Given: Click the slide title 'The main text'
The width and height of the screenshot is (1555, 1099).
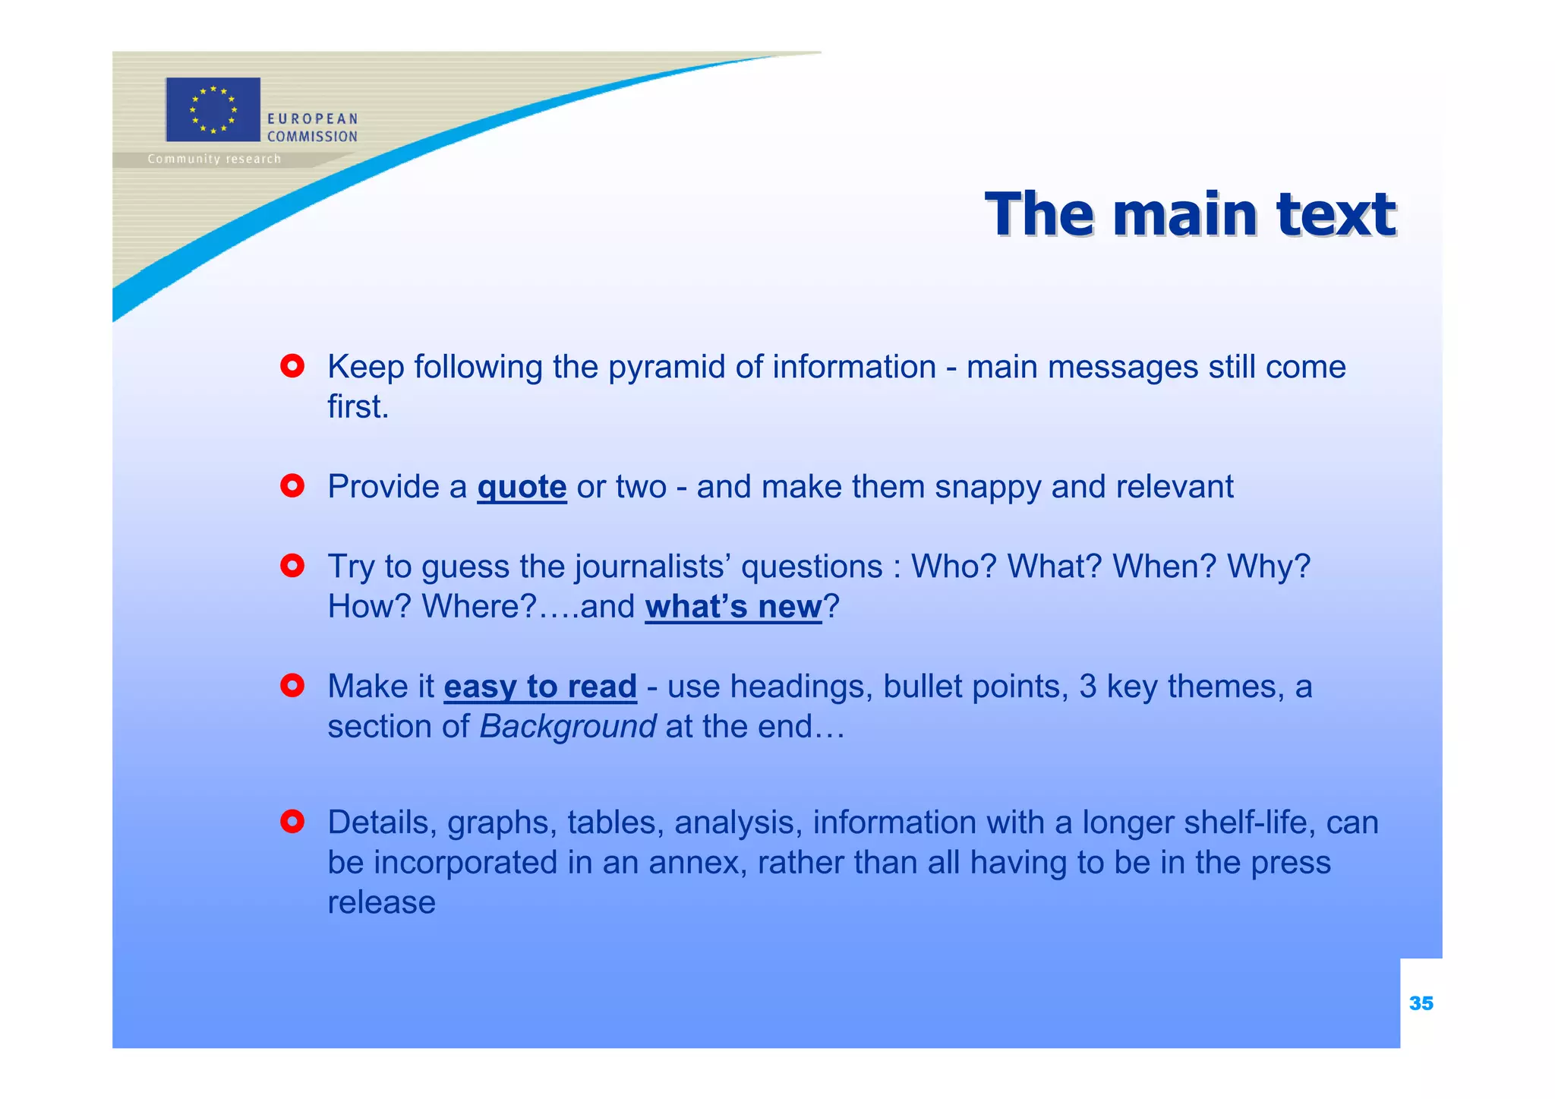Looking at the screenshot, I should (x=1189, y=215).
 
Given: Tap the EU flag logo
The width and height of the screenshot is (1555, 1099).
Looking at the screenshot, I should (x=213, y=109).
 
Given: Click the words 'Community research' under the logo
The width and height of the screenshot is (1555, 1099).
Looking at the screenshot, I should (x=214, y=159).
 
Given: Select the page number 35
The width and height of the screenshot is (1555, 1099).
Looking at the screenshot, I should (x=1421, y=1003).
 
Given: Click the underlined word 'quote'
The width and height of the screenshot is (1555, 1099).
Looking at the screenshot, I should (x=522, y=487).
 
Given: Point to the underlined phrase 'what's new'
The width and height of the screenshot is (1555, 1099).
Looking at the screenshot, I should (x=733, y=606).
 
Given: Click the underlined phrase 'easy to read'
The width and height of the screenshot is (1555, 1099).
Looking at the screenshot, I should (x=540, y=687).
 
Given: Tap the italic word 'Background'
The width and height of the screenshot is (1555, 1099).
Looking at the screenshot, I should (x=567, y=727).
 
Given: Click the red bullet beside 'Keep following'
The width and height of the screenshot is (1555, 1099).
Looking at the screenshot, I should (x=292, y=367).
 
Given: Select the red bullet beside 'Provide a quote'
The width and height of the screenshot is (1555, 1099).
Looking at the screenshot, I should (x=292, y=486).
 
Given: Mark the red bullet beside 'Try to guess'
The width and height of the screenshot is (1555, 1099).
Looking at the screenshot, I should (x=292, y=566).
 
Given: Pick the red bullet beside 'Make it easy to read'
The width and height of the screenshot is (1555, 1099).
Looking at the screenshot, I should (x=292, y=686).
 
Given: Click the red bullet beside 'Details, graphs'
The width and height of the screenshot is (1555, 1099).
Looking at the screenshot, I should (x=292, y=822).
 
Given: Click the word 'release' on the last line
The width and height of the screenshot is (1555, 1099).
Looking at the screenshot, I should (x=381, y=903).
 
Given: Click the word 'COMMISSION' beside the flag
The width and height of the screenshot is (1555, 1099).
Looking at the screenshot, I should (x=312, y=137).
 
